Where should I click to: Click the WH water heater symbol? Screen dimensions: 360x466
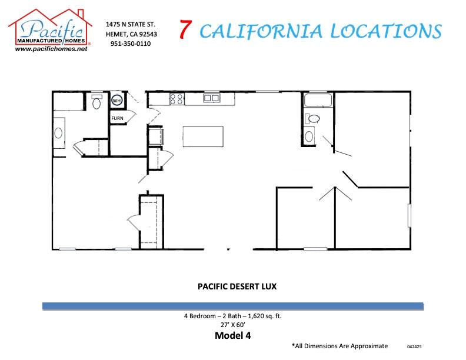point(117,101)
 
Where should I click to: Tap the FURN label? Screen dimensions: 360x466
point(117,118)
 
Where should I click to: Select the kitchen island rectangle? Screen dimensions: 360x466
point(203,136)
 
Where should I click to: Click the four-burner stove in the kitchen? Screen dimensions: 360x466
point(177,99)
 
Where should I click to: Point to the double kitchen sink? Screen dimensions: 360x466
point(211,98)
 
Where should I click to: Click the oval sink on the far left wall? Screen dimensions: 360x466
point(59,132)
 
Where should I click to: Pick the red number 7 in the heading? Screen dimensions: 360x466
point(185,30)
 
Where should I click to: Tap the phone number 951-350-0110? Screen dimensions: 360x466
point(130,44)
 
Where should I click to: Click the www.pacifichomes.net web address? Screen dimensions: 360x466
point(51,49)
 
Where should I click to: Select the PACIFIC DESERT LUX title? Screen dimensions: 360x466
point(237,287)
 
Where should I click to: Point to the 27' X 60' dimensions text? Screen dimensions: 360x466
point(233,324)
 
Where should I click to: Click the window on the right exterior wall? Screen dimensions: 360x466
point(409,215)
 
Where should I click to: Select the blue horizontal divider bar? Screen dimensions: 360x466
point(233,306)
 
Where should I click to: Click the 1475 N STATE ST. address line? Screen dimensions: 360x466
point(130,25)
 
